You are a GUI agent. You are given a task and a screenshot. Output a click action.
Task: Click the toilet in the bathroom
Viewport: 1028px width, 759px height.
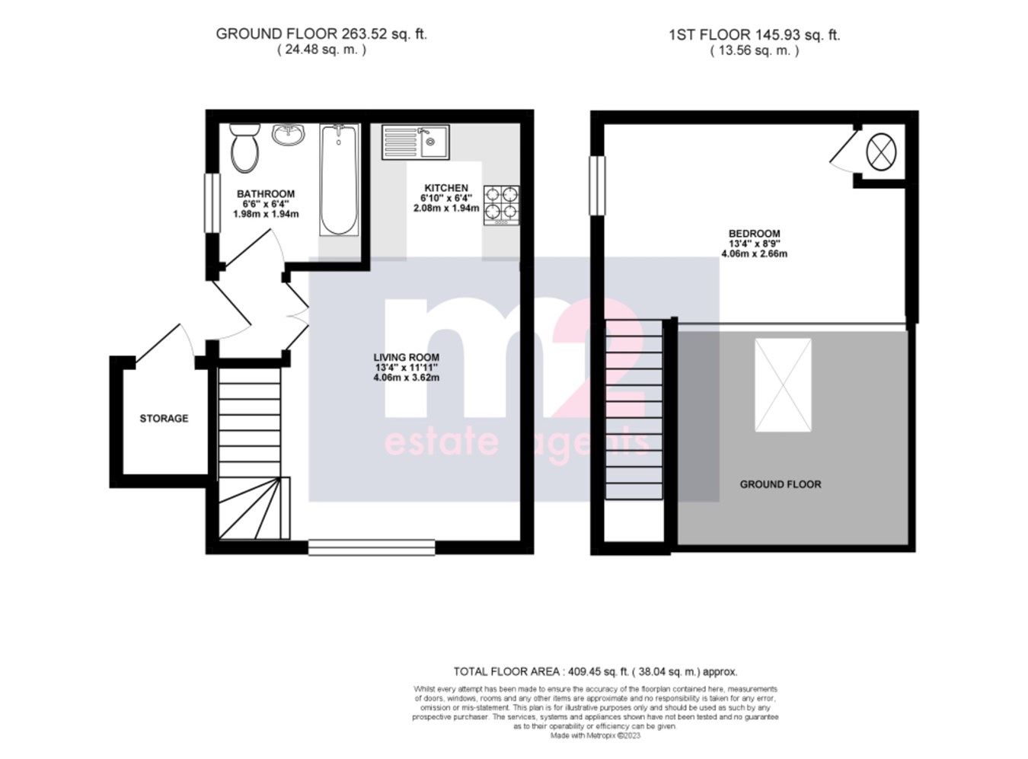pyautogui.click(x=245, y=148)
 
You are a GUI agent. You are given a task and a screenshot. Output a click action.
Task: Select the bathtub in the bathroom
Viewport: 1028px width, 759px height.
pyautogui.click(x=338, y=180)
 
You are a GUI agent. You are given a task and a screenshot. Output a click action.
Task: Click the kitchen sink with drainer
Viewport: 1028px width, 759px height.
pyautogui.click(x=417, y=142)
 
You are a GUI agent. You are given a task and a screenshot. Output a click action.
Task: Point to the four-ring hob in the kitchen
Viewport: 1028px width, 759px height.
pyautogui.click(x=501, y=204)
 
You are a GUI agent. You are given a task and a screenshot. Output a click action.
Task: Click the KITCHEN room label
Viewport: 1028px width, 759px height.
pyautogui.click(x=446, y=188)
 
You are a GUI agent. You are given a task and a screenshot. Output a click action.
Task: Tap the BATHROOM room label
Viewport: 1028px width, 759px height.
pyautogui.click(x=265, y=194)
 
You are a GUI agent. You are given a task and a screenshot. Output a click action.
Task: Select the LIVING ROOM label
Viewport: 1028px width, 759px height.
pyautogui.click(x=406, y=357)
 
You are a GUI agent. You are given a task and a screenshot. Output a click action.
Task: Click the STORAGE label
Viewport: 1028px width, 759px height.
pyautogui.click(x=164, y=419)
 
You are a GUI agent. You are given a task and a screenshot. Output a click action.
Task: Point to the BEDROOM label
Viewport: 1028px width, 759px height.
pyautogui.click(x=754, y=234)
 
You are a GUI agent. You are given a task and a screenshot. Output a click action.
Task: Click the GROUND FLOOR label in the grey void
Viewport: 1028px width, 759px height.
pyautogui.click(x=781, y=484)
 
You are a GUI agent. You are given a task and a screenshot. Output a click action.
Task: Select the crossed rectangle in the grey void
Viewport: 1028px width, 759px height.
pyautogui.click(x=783, y=385)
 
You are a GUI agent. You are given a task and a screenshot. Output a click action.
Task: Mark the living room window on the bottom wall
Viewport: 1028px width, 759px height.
pyautogui.click(x=372, y=546)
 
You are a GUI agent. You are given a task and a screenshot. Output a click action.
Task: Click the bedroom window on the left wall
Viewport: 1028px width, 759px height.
pyautogui.click(x=597, y=185)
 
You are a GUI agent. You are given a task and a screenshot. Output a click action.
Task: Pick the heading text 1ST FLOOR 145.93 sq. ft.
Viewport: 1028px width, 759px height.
pyautogui.click(x=754, y=35)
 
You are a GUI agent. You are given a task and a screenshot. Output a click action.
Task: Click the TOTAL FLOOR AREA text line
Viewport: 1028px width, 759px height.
pyautogui.click(x=595, y=671)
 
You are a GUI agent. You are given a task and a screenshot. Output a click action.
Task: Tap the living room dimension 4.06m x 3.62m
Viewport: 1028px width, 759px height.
pyautogui.click(x=406, y=378)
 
